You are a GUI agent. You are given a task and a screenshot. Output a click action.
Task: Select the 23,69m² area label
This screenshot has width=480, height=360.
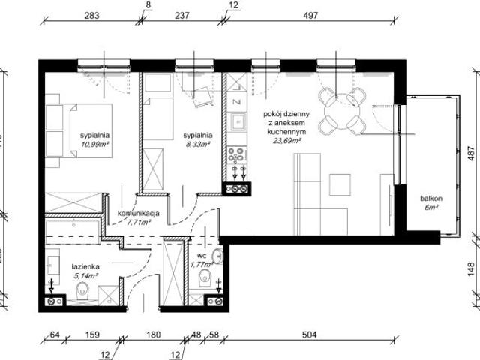[287, 139]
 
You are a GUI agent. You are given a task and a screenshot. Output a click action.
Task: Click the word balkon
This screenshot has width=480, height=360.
[431, 199]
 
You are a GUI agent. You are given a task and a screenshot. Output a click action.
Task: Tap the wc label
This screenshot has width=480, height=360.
[202, 256]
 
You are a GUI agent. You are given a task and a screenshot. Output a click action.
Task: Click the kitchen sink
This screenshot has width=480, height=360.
[238, 121]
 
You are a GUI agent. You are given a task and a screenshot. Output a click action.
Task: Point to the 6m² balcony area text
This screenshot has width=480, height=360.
[431, 208]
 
